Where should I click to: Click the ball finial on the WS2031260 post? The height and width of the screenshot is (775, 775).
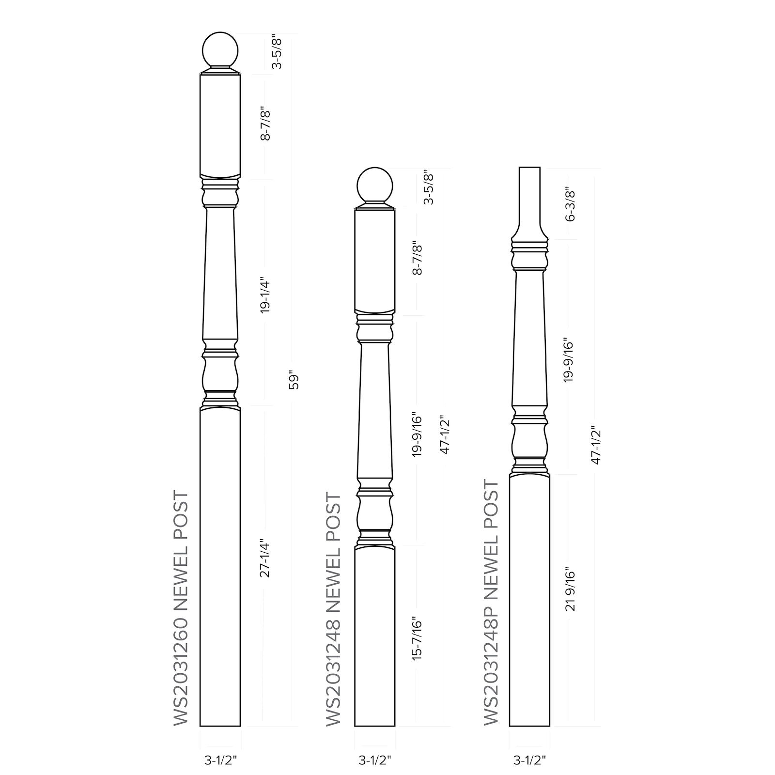[x=220, y=49]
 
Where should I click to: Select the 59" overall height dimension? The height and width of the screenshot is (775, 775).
[x=294, y=380]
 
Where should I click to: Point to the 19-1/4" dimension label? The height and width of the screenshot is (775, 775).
[x=265, y=295]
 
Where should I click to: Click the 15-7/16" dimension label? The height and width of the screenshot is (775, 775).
[x=418, y=638]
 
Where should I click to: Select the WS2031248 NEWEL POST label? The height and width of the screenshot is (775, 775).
[x=333, y=609]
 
